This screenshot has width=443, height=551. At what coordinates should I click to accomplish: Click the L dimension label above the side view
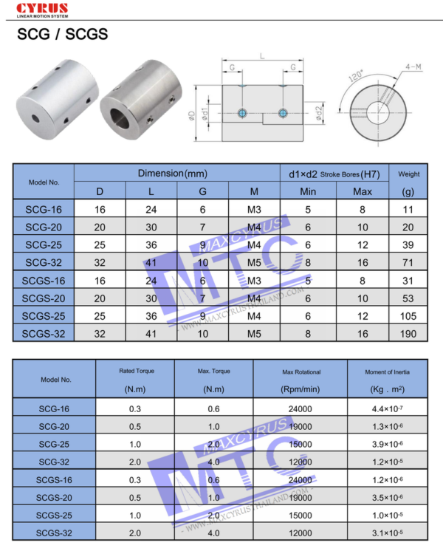pos(261,55)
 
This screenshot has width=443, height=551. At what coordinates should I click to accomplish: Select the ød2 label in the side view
pos(318,114)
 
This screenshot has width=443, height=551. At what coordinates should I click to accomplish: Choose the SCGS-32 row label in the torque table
pos(53,533)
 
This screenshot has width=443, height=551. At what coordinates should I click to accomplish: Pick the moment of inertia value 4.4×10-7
pos(386,408)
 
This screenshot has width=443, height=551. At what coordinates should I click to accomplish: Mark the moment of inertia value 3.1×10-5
pos(386,533)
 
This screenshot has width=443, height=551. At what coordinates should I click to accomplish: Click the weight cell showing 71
pos(408,261)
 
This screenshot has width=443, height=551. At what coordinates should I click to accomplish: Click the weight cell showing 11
pos(408,209)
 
